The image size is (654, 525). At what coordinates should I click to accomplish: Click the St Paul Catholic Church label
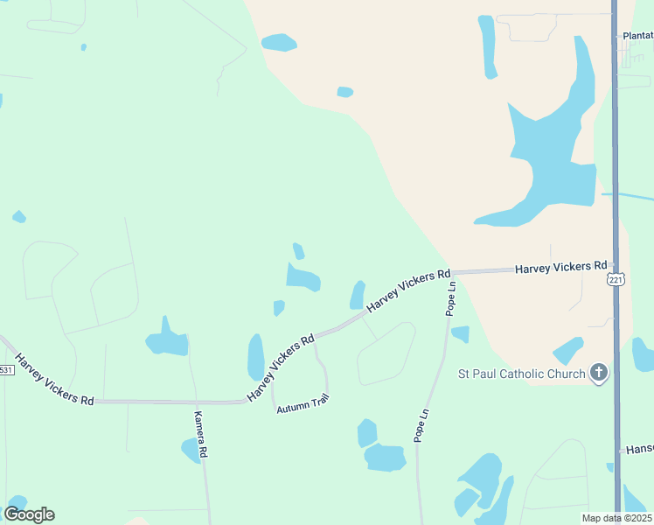coord(522,374)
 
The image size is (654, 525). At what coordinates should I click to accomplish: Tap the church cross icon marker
coord(599,374)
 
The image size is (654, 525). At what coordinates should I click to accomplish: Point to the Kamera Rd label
coord(201,434)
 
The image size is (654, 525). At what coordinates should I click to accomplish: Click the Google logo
coord(29,514)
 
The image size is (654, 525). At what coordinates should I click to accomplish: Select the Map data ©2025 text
coord(616,518)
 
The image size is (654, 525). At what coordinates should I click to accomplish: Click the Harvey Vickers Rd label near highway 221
coord(560,266)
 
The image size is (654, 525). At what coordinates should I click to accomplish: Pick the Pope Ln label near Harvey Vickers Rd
coord(450,297)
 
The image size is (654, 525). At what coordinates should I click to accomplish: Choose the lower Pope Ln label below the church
coord(422,425)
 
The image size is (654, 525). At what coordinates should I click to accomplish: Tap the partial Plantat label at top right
coord(637,36)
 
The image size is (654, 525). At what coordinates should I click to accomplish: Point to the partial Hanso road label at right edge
coord(639,449)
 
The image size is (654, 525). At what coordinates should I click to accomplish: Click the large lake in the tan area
coord(551,149)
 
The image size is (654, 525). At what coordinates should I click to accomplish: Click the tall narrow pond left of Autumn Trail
coord(255,357)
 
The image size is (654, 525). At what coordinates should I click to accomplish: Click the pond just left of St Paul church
coord(568,350)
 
